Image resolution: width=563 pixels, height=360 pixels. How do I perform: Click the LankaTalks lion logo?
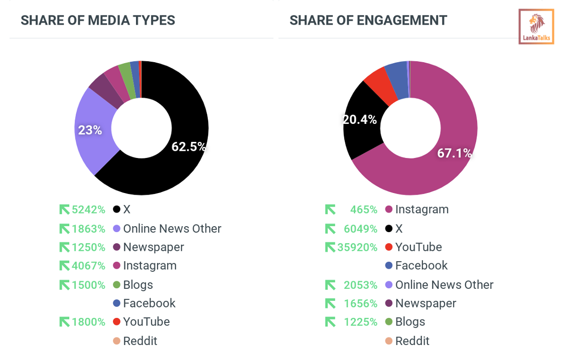coord(536,26)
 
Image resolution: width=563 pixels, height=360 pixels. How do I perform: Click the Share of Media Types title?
coord(98,21)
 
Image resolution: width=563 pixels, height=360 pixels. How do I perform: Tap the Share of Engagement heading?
coord(368,21)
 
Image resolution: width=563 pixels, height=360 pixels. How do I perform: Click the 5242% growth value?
coord(88,210)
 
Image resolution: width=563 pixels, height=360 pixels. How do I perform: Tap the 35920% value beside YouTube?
coord(357,247)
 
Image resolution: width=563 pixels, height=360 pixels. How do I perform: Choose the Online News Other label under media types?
coord(172,229)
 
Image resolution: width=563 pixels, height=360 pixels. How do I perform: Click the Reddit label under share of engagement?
coord(412,341)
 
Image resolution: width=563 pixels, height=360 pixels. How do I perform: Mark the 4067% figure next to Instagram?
coord(88,266)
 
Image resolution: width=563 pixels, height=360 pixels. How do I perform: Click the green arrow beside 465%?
coord(330,210)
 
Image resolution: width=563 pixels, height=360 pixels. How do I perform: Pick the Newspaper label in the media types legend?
coord(154,247)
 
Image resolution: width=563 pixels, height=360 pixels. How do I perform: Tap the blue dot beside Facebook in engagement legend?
coord(388,266)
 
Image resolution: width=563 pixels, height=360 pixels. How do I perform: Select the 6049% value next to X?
coord(360,229)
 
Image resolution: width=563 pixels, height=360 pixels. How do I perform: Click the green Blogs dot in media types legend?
coord(116,285)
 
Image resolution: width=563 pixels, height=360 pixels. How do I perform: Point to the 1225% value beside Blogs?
coord(360,322)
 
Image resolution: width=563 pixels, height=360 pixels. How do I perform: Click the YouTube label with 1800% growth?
coord(147,322)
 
